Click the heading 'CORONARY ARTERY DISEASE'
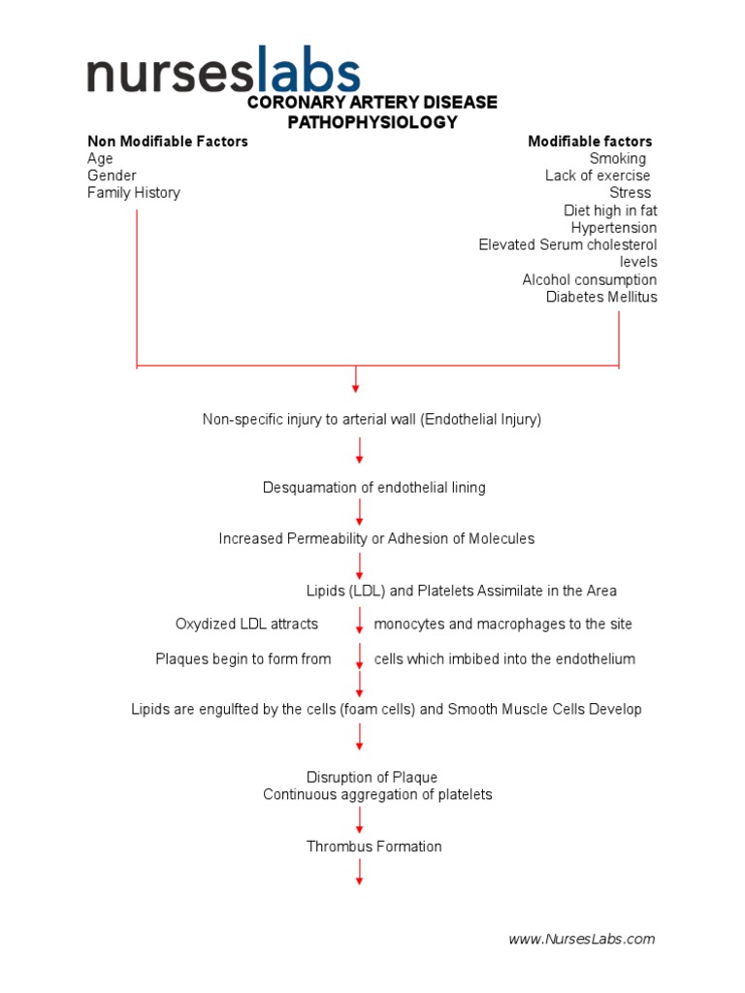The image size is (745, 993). click(372, 103)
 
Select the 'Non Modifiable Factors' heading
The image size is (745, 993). click(168, 142)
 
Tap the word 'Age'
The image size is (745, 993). click(100, 159)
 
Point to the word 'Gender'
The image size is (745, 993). click(112, 176)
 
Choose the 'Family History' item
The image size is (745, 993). click(134, 193)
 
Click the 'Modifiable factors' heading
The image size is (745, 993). click(590, 142)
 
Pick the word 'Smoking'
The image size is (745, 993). click(617, 159)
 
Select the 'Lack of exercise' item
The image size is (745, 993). click(598, 176)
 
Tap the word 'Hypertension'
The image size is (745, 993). click(613, 228)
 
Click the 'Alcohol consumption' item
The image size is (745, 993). click(589, 280)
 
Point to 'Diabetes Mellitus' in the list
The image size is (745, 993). click(601, 297)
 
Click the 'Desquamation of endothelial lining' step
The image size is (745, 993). click(373, 488)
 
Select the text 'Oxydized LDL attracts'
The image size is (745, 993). click(246, 624)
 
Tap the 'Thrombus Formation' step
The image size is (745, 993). click(373, 847)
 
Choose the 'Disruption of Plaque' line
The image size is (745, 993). click(372, 778)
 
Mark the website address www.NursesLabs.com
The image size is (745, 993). click(582, 939)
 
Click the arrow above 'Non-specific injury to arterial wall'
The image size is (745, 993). click(356, 379)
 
